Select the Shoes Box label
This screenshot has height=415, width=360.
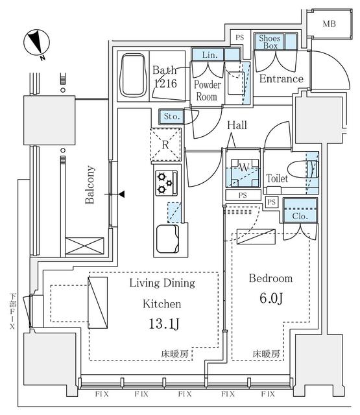click(270, 42)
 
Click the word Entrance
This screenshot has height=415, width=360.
click(282, 78)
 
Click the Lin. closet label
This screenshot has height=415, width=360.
click(208, 54)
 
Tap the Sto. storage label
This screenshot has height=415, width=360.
click(171, 117)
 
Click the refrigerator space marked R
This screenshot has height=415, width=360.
click(165, 144)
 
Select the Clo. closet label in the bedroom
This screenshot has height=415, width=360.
click(299, 216)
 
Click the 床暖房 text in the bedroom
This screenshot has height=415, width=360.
click(267, 354)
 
